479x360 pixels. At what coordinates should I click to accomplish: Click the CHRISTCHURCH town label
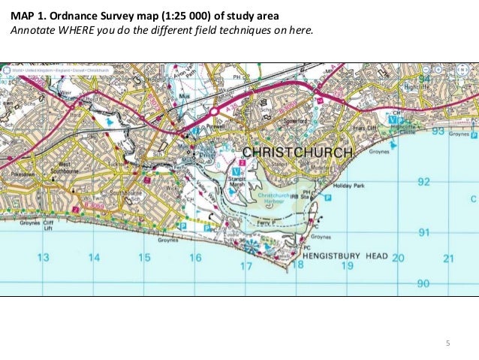point(297,153)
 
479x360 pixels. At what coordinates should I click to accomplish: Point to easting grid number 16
point(195,258)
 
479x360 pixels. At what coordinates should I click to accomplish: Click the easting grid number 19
point(347,265)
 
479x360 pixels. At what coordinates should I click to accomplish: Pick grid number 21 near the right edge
point(449,259)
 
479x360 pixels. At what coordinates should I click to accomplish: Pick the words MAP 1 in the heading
point(26,15)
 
